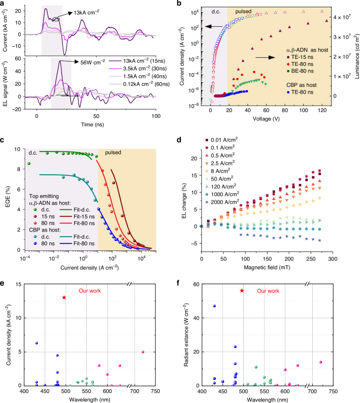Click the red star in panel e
click(x=64, y=297)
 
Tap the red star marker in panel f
click(x=242, y=290)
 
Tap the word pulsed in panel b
click(x=243, y=11)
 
